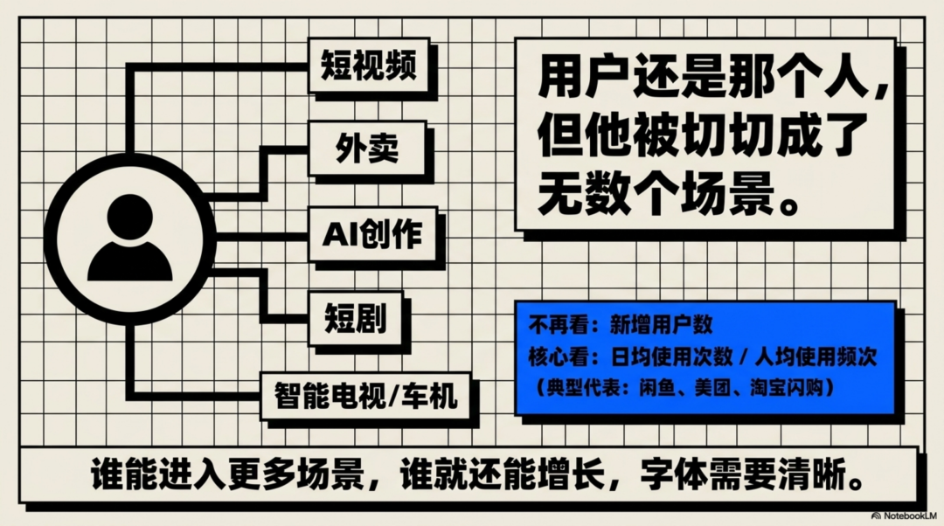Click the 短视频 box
369,66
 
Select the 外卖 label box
367,149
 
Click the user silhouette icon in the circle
130,239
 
